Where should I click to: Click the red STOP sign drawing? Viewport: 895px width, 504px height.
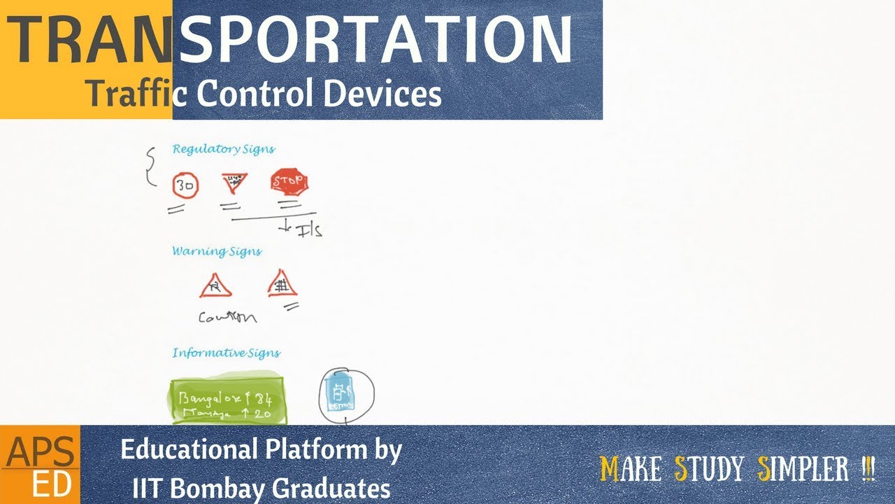pos(289,183)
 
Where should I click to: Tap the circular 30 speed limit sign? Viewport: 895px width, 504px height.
pos(185,186)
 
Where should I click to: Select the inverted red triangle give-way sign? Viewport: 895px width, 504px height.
pos(234,183)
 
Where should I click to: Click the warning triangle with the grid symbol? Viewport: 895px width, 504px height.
pos(282,285)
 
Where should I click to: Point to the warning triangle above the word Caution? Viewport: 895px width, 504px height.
pos(215,286)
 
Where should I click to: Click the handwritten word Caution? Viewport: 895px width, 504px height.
pos(227,317)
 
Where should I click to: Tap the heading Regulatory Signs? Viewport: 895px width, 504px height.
pos(223,149)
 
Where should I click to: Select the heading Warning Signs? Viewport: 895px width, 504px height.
pos(217,251)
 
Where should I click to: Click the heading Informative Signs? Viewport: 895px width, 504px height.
pos(226,353)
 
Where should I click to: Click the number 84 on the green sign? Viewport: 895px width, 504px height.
pos(262,400)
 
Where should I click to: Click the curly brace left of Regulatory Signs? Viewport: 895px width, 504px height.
pos(150,167)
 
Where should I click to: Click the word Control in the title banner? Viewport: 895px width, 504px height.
pos(264,93)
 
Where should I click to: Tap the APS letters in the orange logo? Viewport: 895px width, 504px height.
pos(39,454)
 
